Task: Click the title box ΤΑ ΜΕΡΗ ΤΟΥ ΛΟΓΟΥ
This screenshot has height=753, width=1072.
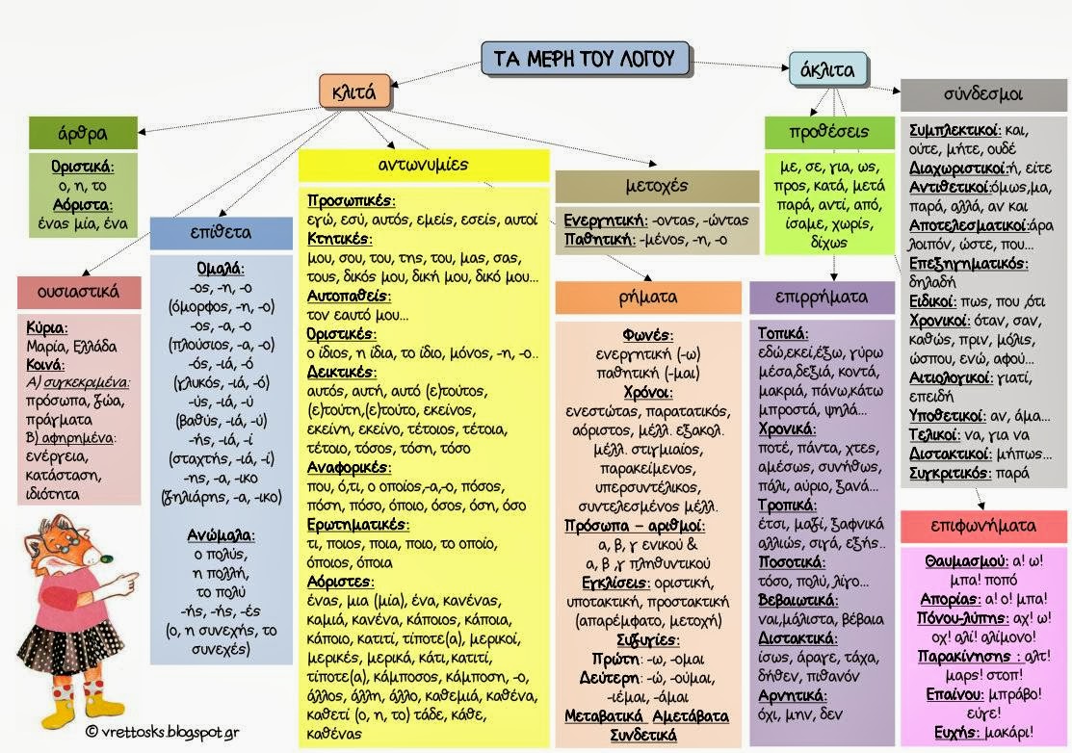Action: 586,59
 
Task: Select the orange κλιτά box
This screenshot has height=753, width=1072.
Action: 354,91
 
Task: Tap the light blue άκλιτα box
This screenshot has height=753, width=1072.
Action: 827,69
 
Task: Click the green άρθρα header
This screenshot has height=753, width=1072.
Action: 83,133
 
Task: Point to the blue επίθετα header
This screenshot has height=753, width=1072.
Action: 221,232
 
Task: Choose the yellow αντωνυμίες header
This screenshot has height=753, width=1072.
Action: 423,165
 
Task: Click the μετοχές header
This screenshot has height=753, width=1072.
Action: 656,186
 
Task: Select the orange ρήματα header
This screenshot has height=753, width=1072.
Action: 648,298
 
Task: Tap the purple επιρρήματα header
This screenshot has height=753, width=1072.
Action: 822,298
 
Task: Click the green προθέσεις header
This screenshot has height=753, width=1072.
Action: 829,132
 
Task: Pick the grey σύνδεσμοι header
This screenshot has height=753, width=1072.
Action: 983,94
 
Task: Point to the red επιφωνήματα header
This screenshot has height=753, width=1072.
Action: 983,526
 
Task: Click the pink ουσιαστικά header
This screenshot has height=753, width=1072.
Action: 79,293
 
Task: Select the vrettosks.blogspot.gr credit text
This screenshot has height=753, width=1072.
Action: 162,732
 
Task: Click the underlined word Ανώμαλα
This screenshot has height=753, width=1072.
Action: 221,535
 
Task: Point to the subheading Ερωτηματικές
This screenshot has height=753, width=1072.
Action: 357,525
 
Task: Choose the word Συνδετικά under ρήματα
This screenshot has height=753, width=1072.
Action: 643,736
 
